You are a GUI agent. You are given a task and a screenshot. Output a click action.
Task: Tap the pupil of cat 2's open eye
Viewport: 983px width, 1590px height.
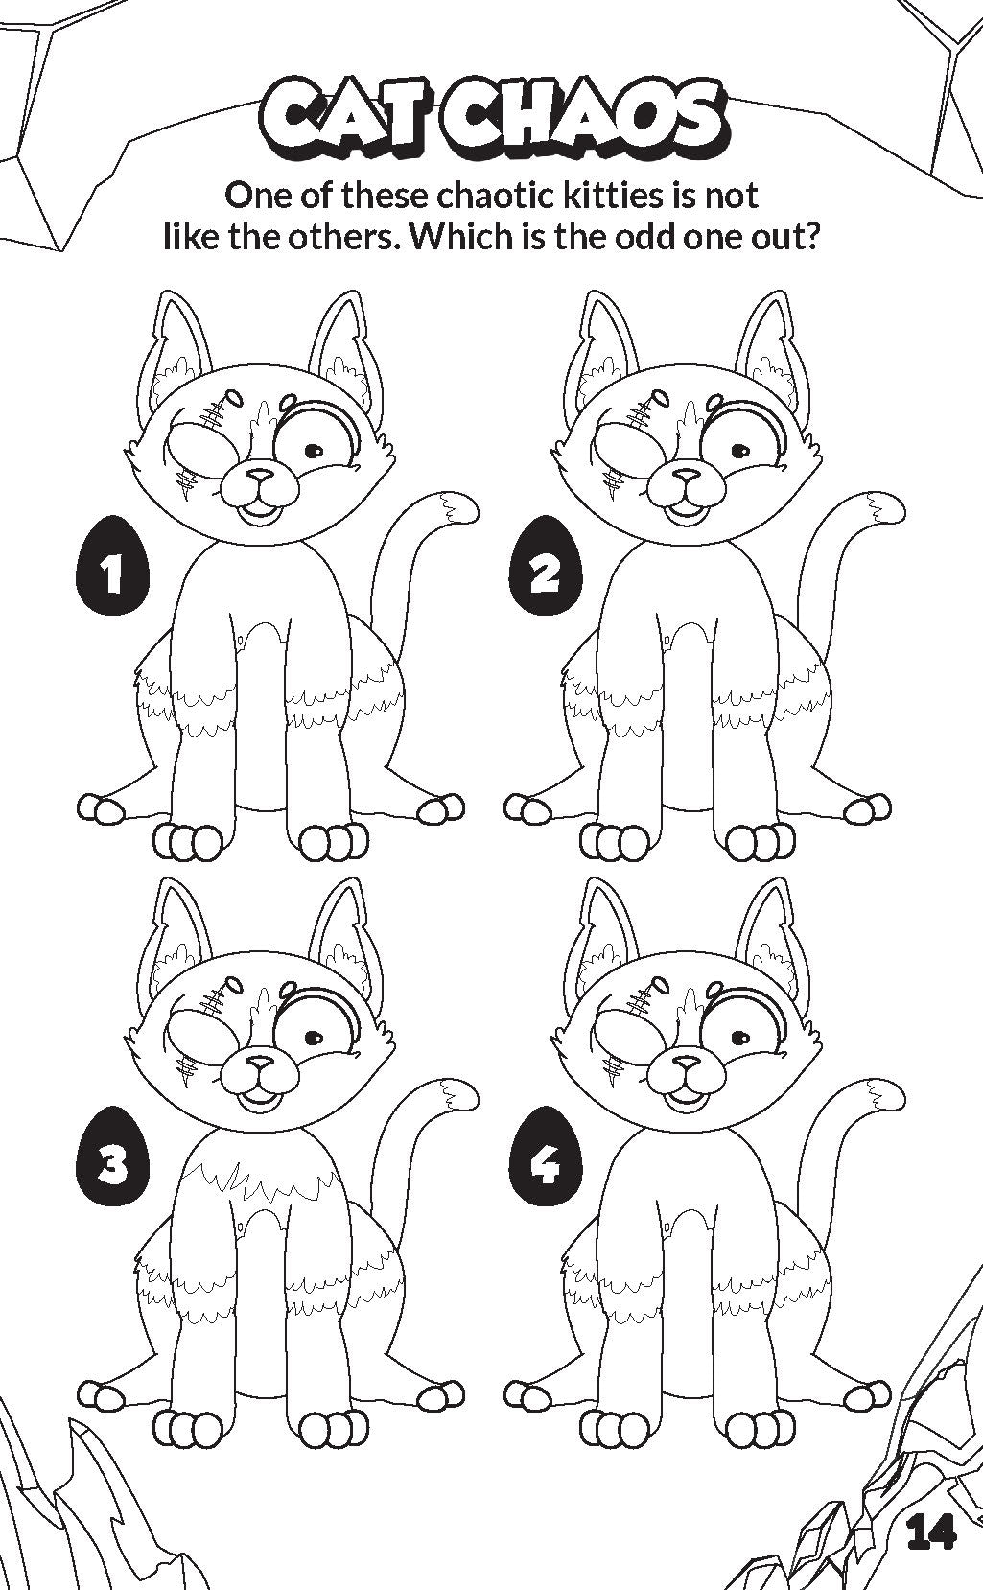pyautogui.click(x=741, y=450)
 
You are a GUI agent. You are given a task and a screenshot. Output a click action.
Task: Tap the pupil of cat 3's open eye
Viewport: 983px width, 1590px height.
pyautogui.click(x=315, y=1040)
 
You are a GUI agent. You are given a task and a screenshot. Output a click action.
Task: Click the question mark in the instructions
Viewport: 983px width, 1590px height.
pyautogui.click(x=811, y=236)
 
